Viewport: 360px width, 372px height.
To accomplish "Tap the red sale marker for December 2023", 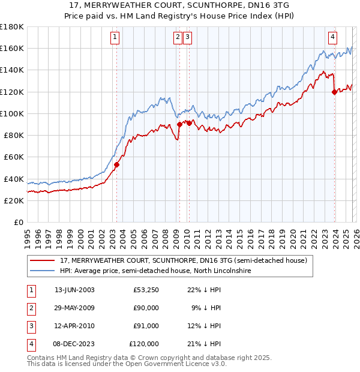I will tap(334, 92).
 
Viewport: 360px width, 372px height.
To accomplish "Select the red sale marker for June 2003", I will tap(116, 164).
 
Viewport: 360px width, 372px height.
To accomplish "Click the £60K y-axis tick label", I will tap(14, 157).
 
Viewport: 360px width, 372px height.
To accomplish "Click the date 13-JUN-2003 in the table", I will tap(74, 290).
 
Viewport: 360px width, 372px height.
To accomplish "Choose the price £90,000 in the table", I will tap(146, 308).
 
